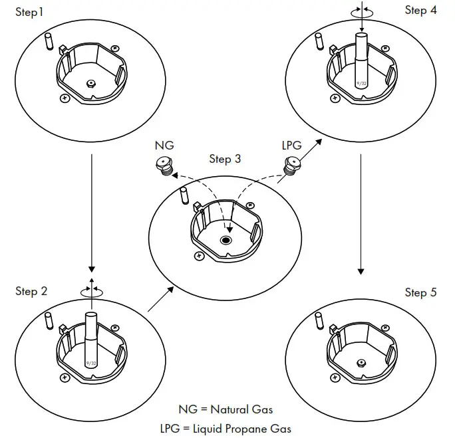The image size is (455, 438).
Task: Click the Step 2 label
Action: tap(31, 291)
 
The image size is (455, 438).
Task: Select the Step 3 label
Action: tap(225, 159)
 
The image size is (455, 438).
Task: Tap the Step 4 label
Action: tap(420, 10)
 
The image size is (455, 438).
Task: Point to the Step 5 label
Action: tap(420, 292)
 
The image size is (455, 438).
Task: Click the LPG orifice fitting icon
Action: tap(291, 165)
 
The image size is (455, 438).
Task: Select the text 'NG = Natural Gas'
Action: tap(226, 409)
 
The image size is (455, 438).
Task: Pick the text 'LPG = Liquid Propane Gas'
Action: tap(226, 429)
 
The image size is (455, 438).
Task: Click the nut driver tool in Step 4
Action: tap(361, 60)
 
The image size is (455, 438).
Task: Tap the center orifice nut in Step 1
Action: tap(92, 83)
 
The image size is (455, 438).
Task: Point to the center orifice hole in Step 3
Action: tap(227, 240)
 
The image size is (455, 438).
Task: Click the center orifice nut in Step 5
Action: tap(360, 362)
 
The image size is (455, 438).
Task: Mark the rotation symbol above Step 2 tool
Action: tap(92, 290)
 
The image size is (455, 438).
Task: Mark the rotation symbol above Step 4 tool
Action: tap(361, 10)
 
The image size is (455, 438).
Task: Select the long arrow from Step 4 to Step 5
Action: tap(361, 213)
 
